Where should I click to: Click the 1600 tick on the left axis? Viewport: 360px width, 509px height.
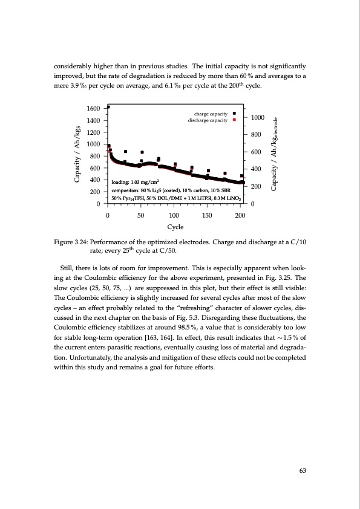(93, 108)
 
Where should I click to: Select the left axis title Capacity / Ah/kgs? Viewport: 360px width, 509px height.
(77, 155)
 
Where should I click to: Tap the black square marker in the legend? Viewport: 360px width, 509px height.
(234, 114)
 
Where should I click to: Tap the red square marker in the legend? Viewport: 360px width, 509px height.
(234, 120)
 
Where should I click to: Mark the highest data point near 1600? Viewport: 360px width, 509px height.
(108, 107)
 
